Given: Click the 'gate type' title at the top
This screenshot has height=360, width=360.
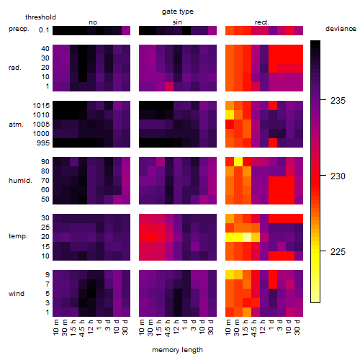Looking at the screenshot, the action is click(x=178, y=12).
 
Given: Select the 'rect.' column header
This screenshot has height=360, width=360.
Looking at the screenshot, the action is click(x=262, y=22).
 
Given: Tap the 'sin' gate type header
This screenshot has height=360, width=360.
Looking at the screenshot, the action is click(x=177, y=22).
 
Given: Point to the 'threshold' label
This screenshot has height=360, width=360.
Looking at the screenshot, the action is click(x=40, y=17).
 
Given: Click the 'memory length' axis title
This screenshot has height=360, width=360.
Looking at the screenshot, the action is click(x=177, y=350).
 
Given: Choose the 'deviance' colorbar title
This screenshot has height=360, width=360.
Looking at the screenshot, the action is click(x=341, y=29).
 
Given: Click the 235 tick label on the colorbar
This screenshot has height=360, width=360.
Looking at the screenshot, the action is click(x=338, y=101).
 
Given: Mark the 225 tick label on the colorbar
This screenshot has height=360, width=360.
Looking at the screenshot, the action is click(x=338, y=252).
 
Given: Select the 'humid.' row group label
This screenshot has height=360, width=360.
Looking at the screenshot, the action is click(x=20, y=181).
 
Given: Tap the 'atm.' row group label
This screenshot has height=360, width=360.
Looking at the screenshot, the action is click(x=16, y=125).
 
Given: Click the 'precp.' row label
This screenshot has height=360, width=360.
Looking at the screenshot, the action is click(x=19, y=29).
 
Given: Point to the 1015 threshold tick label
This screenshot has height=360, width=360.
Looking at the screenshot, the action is click(x=41, y=106).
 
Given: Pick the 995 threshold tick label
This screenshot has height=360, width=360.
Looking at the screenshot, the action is click(x=43, y=143).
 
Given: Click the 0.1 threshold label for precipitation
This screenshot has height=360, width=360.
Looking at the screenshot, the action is click(x=44, y=30).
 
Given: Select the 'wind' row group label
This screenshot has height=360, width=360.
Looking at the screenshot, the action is click(x=17, y=294).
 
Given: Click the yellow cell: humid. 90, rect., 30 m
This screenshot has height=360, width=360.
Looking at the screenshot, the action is click(x=238, y=162).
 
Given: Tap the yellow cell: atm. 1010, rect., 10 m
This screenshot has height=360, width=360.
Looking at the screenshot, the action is click(x=230, y=115).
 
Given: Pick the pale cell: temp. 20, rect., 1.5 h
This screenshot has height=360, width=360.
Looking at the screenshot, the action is click(x=247, y=237).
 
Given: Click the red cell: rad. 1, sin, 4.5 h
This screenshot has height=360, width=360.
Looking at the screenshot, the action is click(x=169, y=86).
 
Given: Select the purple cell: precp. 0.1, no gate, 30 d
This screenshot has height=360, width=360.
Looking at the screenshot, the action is click(x=126, y=30).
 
